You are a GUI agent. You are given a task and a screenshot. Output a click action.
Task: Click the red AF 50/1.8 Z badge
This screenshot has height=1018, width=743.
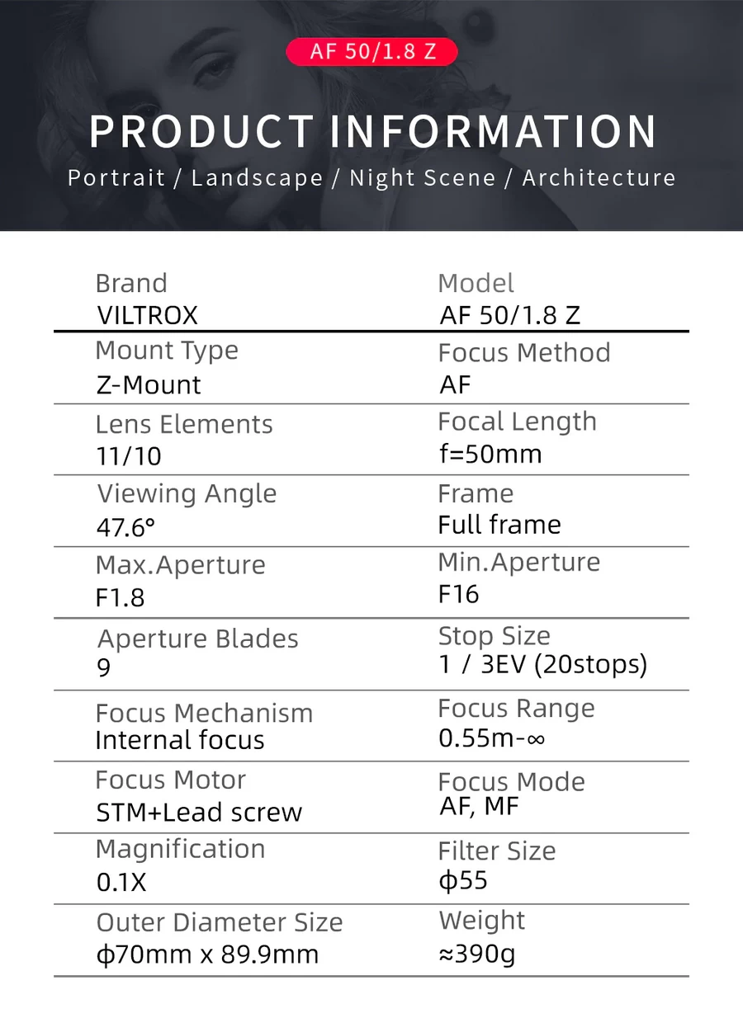click(371, 51)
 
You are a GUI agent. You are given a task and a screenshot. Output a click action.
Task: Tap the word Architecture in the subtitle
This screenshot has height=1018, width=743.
click(599, 178)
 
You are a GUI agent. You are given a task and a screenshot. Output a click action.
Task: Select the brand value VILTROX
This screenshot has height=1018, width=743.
click(147, 315)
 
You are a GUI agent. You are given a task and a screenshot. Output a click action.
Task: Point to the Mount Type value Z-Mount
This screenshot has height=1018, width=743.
click(149, 385)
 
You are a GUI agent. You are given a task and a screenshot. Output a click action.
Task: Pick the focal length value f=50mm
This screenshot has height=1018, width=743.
click(490, 454)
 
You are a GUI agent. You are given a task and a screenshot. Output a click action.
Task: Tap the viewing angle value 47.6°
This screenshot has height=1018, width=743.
click(125, 527)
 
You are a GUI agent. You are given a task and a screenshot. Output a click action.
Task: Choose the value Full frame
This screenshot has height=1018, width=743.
click(499, 525)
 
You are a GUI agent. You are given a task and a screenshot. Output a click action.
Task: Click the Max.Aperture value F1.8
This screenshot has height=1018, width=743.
click(121, 597)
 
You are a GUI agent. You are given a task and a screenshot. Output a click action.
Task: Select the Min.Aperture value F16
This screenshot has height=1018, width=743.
click(459, 595)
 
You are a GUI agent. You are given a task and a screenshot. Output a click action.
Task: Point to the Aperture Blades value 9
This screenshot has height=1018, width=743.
click(104, 667)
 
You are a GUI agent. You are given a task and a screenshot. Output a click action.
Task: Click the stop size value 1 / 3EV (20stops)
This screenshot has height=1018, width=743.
click(543, 664)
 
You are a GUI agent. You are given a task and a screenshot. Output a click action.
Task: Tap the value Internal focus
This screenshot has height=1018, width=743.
click(180, 740)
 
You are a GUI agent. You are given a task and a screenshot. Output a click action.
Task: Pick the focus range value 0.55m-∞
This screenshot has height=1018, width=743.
click(492, 738)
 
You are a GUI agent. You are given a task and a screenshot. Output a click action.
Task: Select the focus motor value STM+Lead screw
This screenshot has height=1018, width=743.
click(200, 813)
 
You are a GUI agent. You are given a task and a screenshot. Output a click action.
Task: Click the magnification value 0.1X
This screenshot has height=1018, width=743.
click(121, 883)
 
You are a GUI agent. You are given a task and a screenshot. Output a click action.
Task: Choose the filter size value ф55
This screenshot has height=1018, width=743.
click(463, 880)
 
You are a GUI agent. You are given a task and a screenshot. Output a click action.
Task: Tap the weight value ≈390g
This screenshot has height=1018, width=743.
click(477, 954)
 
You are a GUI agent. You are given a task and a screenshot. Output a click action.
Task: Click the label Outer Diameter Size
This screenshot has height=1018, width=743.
click(220, 922)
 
